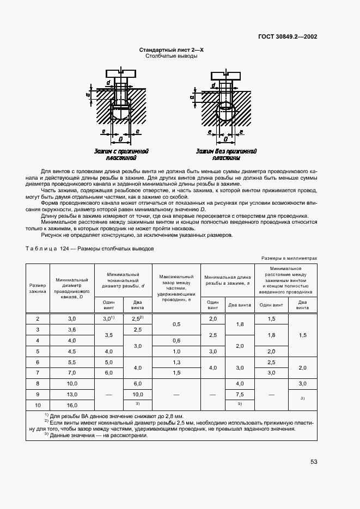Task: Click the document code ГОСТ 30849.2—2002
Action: [288, 37]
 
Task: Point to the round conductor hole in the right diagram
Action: [224, 114]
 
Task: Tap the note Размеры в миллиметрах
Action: [289, 259]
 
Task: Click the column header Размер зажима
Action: [38, 289]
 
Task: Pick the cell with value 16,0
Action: [72, 405]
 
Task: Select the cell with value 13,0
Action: [72, 394]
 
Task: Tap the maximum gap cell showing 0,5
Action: [176, 324]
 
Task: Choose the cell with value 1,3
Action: [176, 361]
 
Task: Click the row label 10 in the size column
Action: [38, 405]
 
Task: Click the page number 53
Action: [314, 462]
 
